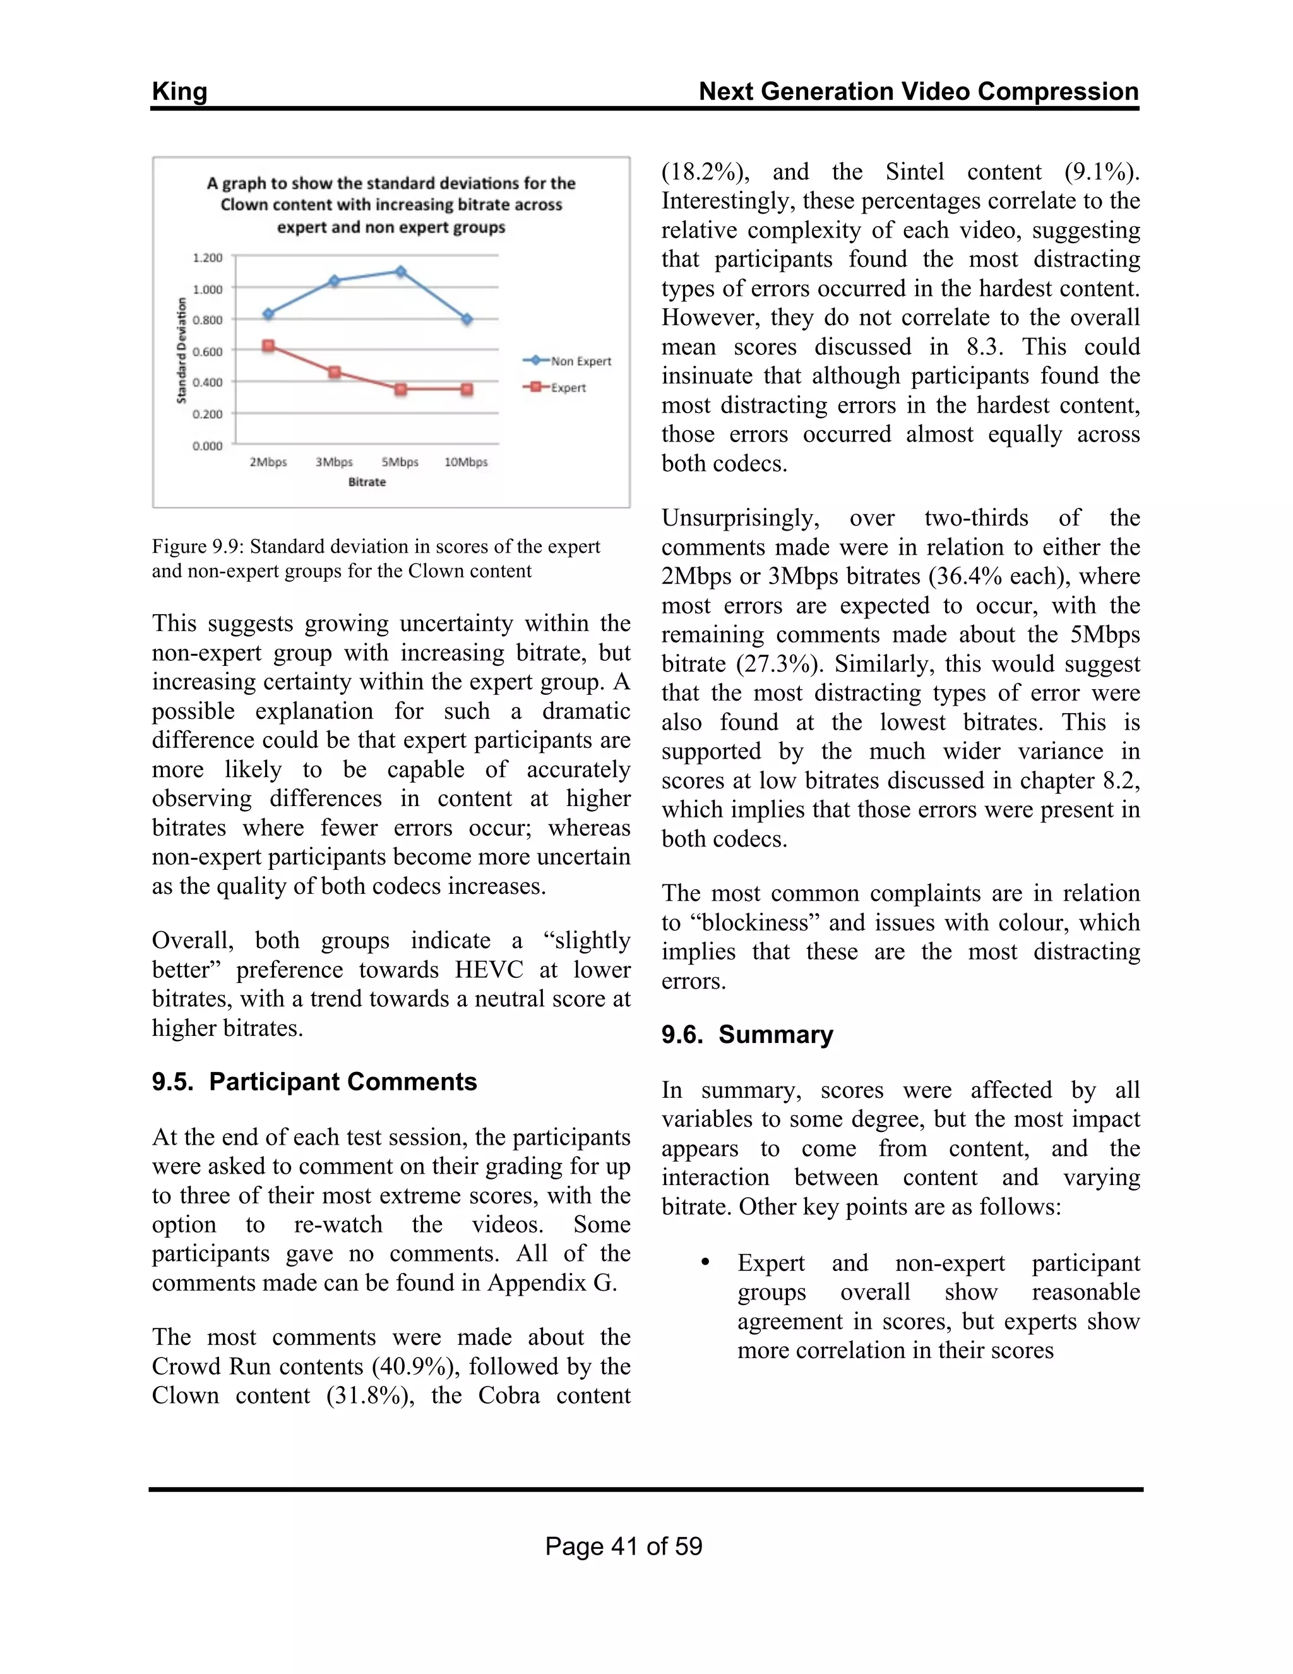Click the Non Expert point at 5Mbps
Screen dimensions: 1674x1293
coord(400,272)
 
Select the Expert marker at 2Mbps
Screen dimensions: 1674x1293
coord(268,346)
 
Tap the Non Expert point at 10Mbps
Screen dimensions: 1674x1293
coord(467,320)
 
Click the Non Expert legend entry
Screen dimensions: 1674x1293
coord(567,361)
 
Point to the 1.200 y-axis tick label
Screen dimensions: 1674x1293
coord(207,258)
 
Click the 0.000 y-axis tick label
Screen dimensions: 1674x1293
coord(207,446)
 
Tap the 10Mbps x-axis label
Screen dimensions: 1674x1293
coord(466,462)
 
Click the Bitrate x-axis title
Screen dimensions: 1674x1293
coord(367,482)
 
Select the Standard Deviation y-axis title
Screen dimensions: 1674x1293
coord(182,351)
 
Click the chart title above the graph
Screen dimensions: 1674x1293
coord(391,205)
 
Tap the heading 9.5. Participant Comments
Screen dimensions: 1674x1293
coord(314,1081)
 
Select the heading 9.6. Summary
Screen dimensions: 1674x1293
coord(747,1035)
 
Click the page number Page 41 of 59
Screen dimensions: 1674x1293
coord(624,1546)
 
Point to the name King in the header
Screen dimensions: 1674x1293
coord(179,91)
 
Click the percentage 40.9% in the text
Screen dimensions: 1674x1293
coord(416,1366)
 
